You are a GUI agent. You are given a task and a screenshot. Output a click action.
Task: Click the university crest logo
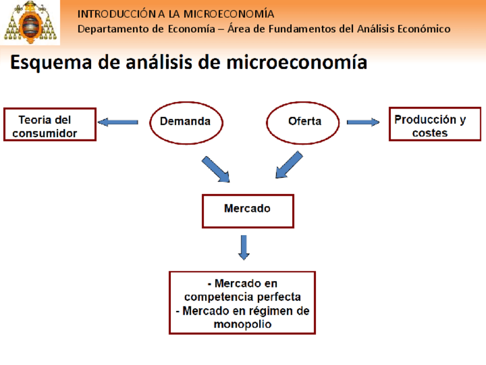point(30,23)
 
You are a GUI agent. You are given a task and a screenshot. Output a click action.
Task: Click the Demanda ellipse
point(187,121)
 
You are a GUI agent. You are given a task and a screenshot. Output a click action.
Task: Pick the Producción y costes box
point(435,124)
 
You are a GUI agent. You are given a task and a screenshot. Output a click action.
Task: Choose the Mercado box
point(248,210)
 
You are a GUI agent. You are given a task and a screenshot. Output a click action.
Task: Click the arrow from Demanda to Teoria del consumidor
point(118,122)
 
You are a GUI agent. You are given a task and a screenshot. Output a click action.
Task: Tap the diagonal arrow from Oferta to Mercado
point(289,165)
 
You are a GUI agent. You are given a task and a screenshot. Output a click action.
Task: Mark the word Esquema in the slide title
point(47,62)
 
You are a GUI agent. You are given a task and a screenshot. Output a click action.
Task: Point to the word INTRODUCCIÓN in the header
point(116,13)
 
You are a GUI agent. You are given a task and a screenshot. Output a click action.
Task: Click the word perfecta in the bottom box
point(279,297)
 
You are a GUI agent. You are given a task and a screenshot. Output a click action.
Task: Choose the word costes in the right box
point(430,133)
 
